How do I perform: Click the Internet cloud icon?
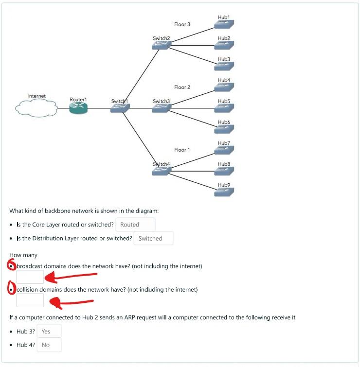pos(36,107)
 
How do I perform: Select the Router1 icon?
pos(78,108)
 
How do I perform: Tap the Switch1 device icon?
pos(120,108)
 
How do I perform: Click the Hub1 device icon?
pos(224,24)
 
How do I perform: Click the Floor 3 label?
pos(182,24)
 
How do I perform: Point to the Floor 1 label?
pos(182,150)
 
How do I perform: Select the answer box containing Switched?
pos(153,238)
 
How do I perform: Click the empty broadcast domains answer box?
pos(30,277)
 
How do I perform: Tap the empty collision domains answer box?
pos(30,300)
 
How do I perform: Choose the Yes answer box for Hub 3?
pos(49,332)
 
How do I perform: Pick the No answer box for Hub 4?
pos(49,345)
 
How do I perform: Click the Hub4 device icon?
pos(224,87)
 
